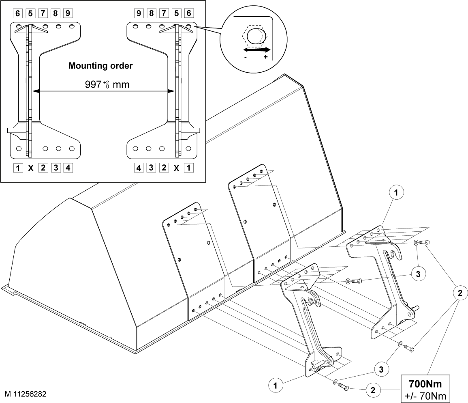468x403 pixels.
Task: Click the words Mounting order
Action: pyautogui.click(x=100, y=66)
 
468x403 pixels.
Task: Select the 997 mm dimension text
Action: pyautogui.click(x=107, y=84)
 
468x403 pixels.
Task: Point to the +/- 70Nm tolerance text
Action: pyautogui.click(x=425, y=396)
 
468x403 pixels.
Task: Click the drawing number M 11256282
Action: pyautogui.click(x=26, y=394)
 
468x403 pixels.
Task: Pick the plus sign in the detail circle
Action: pyautogui.click(x=266, y=57)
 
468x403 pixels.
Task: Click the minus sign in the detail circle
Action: pyautogui.click(x=245, y=57)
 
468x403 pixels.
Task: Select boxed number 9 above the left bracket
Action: pyautogui.click(x=68, y=13)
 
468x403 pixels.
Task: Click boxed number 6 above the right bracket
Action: pyautogui.click(x=189, y=13)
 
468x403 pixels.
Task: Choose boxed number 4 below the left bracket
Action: pyautogui.click(x=68, y=168)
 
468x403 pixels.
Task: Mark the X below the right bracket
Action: pyautogui.click(x=176, y=168)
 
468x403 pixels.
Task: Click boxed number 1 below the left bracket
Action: pyautogui.click(x=18, y=168)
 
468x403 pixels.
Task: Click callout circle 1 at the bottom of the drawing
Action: pyautogui.click(x=276, y=386)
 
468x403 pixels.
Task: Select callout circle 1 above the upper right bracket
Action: pyautogui.click(x=396, y=192)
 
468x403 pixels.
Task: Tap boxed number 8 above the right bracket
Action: pyautogui.click(x=151, y=13)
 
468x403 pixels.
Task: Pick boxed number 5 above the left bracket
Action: pyautogui.click(x=30, y=13)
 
